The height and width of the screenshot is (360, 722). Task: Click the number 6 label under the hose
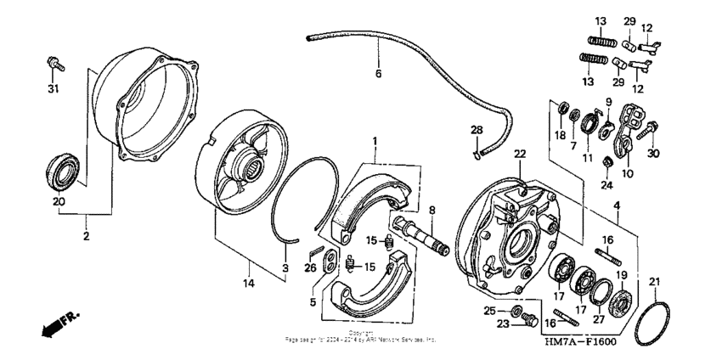pyautogui.click(x=379, y=74)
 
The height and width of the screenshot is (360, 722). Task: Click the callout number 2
pyautogui.click(x=86, y=237)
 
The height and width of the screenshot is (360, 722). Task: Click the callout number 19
pyautogui.click(x=620, y=275)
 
